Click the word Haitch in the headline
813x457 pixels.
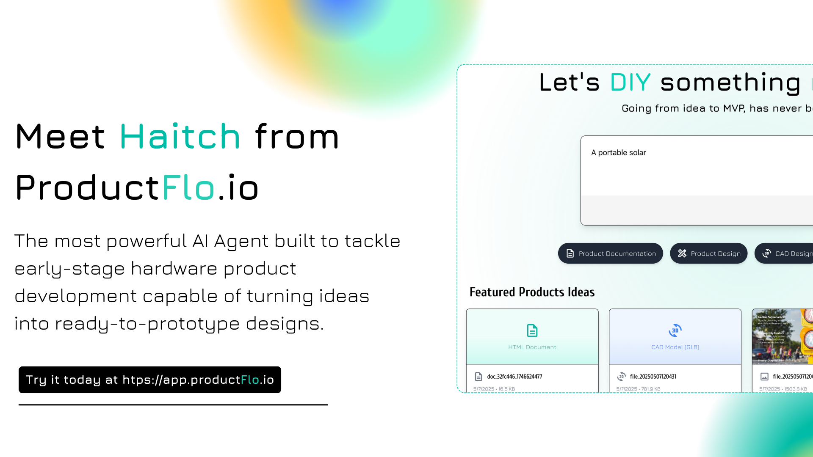180,137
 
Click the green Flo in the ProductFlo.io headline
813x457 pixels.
188,188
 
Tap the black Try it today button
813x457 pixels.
149,380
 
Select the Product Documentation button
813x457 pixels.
610,253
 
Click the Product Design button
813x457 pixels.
708,253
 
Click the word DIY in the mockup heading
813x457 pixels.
630,83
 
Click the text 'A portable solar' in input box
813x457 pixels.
618,153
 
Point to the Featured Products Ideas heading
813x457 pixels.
532,292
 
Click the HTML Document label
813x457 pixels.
532,347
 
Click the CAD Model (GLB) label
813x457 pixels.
675,347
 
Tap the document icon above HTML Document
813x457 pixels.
532,330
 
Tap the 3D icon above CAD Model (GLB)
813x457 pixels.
675,330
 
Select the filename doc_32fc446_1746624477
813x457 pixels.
514,377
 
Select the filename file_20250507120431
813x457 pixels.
653,377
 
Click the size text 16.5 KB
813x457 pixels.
506,389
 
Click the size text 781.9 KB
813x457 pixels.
651,389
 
